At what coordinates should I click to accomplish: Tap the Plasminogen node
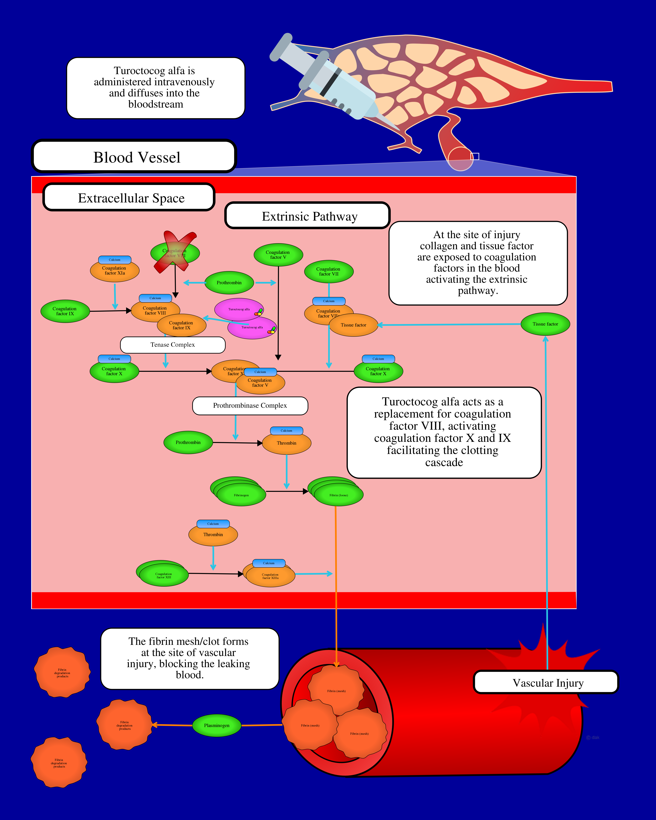tap(216, 726)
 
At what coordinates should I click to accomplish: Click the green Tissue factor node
tap(545, 324)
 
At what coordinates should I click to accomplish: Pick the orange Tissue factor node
tap(353, 325)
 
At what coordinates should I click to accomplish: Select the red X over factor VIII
tap(175, 252)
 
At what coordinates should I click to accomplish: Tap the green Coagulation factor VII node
tap(328, 272)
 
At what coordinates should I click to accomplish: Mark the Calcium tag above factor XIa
tap(114, 260)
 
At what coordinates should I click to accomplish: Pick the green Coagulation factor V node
tap(278, 255)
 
